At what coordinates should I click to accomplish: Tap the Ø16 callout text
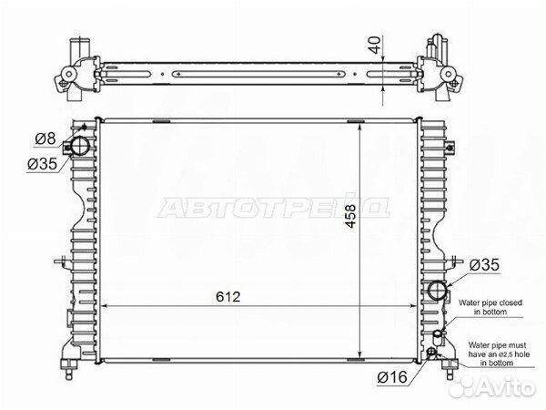[390, 375]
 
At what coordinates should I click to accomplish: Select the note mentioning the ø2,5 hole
[496, 353]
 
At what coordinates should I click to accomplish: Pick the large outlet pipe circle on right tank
[438, 292]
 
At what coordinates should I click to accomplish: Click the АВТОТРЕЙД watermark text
[273, 207]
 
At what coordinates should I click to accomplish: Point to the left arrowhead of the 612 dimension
[102, 307]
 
